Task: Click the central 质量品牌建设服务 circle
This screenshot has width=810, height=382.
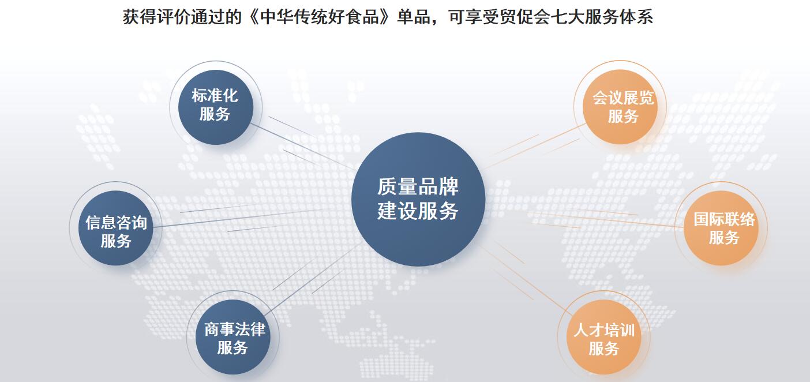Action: [418, 199]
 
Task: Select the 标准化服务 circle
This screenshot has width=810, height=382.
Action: [216, 107]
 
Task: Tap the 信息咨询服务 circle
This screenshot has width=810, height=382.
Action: [116, 229]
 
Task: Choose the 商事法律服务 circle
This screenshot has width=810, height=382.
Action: [233, 337]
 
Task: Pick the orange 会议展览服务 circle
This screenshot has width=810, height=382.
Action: [620, 107]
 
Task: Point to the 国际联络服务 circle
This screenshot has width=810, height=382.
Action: [721, 229]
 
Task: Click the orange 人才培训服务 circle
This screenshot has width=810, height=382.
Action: [604, 337]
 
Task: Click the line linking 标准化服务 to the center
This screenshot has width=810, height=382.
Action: [303, 147]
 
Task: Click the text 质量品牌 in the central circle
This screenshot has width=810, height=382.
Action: [418, 186]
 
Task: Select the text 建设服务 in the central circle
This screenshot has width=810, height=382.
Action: [418, 211]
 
